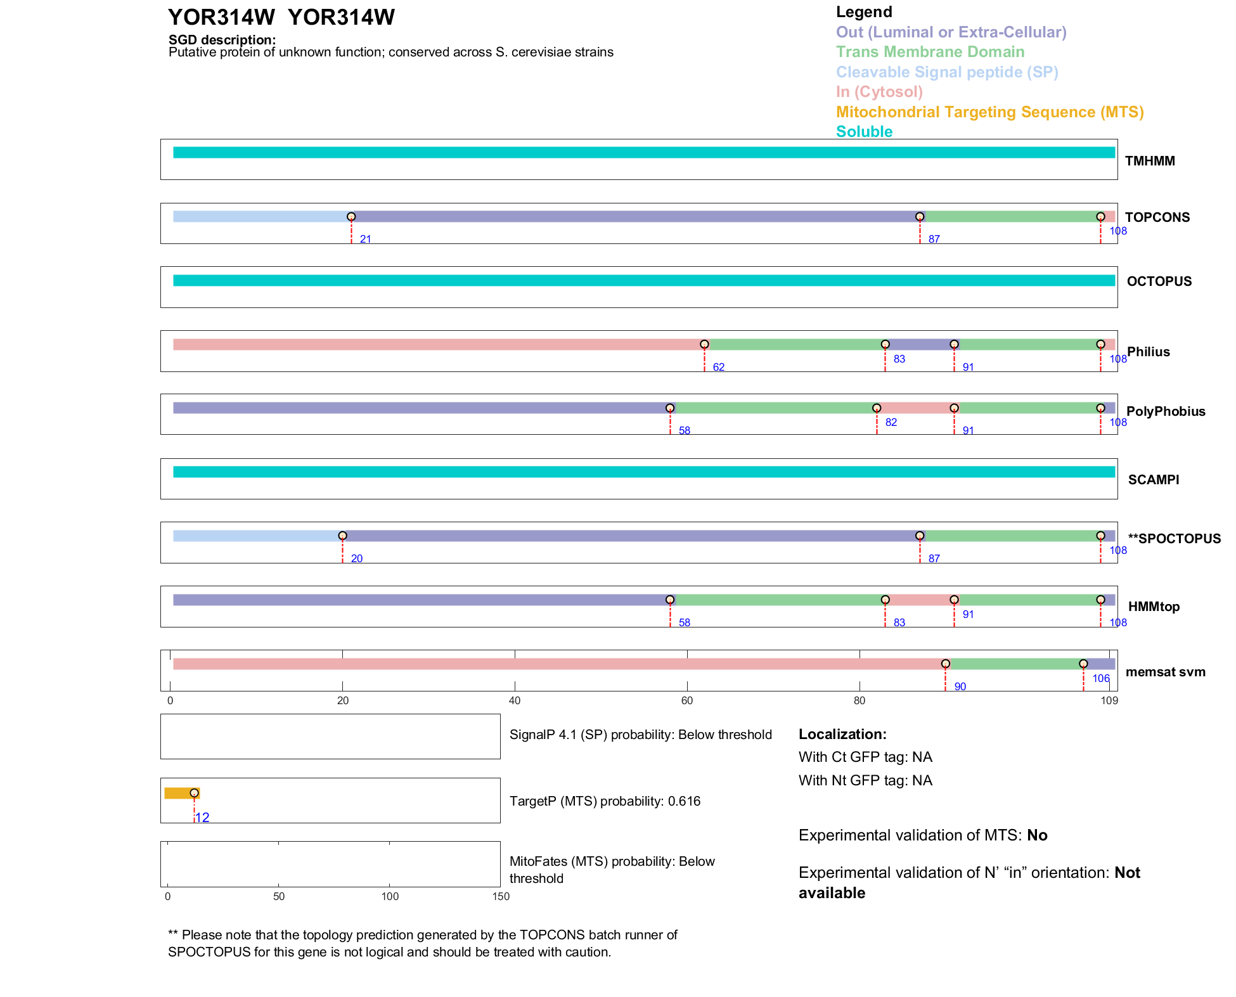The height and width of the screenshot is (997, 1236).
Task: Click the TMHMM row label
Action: (x=1149, y=161)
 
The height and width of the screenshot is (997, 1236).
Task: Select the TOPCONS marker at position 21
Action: (x=351, y=217)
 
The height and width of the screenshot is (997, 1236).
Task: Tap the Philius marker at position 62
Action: (x=704, y=344)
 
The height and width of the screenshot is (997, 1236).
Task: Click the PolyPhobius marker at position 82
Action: (x=877, y=408)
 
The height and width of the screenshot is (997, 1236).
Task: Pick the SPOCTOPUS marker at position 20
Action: (x=342, y=536)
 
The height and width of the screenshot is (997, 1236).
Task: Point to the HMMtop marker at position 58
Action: (x=670, y=600)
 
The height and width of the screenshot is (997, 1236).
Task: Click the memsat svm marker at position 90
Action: (x=946, y=664)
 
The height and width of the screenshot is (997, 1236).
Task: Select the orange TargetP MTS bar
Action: (x=180, y=793)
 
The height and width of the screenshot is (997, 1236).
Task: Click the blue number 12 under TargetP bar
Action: (x=203, y=818)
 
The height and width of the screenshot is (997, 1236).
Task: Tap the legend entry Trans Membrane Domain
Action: (x=930, y=52)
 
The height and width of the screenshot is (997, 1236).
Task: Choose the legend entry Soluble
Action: (x=864, y=132)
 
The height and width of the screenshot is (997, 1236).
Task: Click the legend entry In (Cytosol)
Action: (x=879, y=92)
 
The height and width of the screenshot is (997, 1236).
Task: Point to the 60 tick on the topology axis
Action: (x=687, y=700)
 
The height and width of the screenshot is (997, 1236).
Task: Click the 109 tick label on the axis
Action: (x=1109, y=700)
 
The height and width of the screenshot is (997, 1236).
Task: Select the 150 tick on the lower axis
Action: (x=501, y=896)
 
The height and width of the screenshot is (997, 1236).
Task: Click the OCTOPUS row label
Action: (x=1159, y=281)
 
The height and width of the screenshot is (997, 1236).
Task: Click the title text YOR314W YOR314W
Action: (x=281, y=17)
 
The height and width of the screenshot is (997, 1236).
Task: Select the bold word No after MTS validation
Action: (x=1037, y=835)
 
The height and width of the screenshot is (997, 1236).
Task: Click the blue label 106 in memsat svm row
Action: (x=1101, y=679)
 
